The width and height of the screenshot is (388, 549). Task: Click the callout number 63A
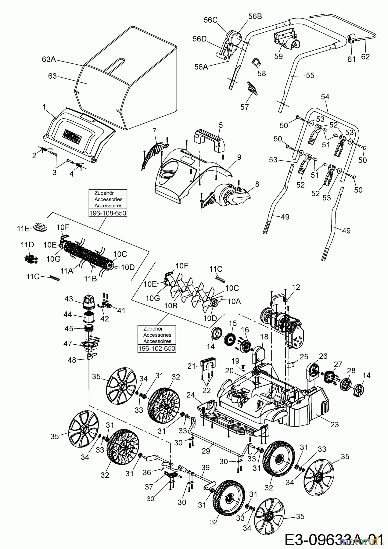click(x=48, y=59)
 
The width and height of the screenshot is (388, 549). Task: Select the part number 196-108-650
click(x=107, y=213)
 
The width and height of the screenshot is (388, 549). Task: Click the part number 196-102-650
click(x=157, y=348)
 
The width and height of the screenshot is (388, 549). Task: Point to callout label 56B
click(x=255, y=17)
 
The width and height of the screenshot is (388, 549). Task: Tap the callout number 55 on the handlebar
click(x=310, y=75)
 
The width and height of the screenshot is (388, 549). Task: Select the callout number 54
click(x=325, y=97)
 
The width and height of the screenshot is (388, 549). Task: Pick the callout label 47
click(x=68, y=344)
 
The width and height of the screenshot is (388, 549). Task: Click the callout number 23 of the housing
click(x=335, y=425)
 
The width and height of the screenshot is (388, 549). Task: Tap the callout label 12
click(x=296, y=287)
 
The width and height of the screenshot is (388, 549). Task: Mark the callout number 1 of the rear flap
click(x=45, y=107)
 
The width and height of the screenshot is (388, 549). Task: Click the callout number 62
click(x=365, y=56)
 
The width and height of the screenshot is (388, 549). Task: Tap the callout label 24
click(x=191, y=395)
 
